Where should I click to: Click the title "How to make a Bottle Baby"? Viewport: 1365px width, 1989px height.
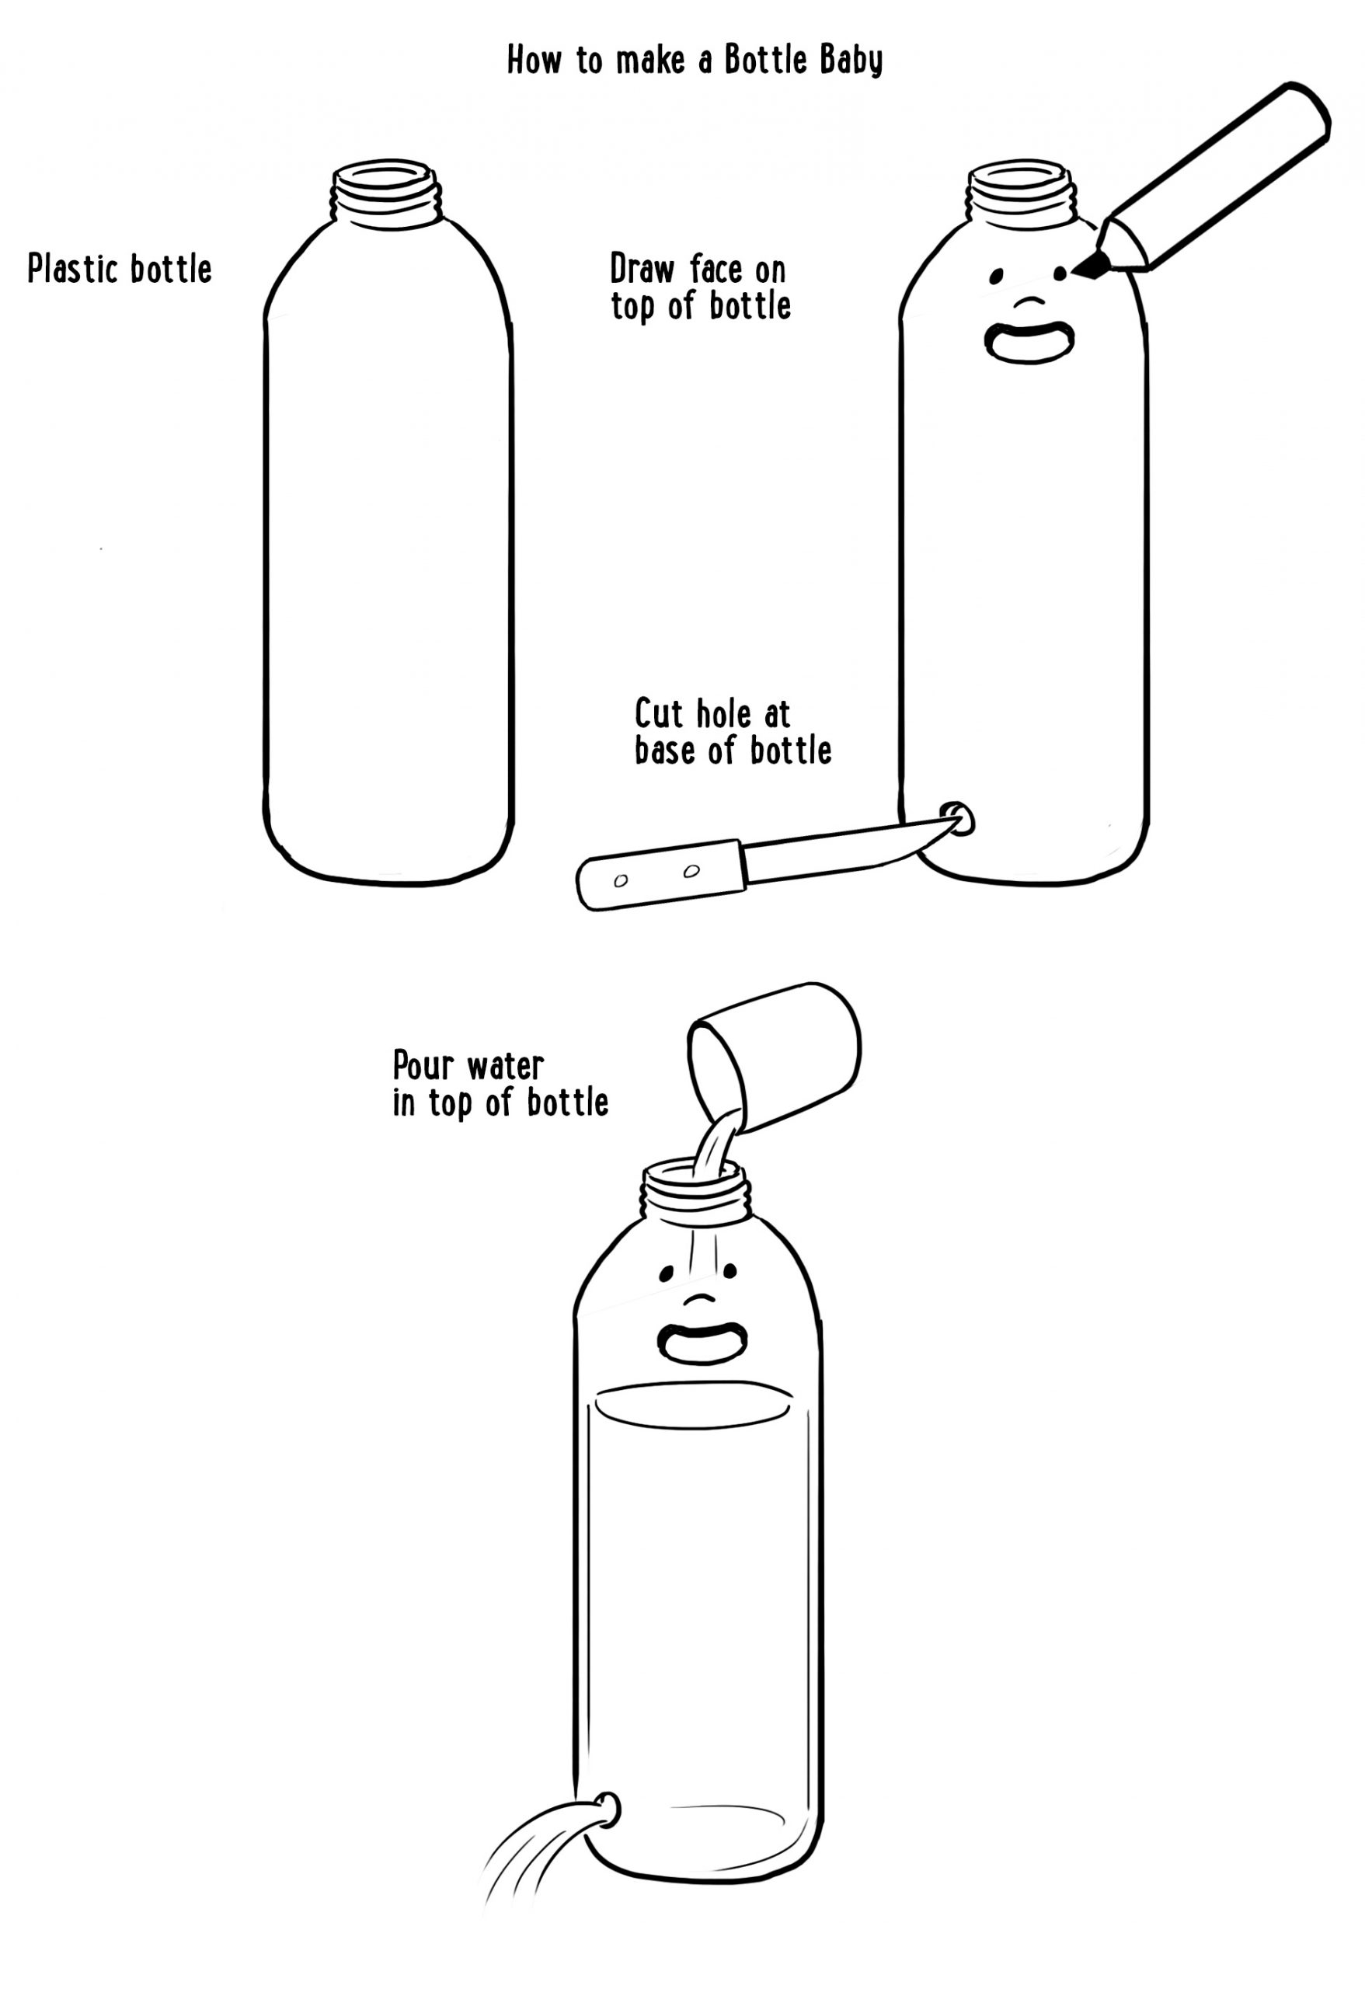click(x=694, y=61)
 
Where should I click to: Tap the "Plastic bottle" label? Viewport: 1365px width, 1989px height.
click(x=120, y=269)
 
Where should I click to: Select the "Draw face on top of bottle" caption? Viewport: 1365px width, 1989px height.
click(x=700, y=287)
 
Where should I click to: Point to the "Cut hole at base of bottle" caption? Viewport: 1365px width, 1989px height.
click(x=733, y=731)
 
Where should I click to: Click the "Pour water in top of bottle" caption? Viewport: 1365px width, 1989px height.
click(x=500, y=1084)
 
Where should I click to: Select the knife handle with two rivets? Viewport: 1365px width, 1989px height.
click(x=660, y=873)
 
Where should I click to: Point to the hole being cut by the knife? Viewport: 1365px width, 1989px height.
click(x=959, y=819)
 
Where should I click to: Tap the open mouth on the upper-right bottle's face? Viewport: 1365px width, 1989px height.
click(x=1029, y=343)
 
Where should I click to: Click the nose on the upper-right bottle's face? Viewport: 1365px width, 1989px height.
click(x=1029, y=302)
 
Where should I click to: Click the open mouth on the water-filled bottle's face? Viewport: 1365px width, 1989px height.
click(x=702, y=1342)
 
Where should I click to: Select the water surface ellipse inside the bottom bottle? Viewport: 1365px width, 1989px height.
click(x=692, y=1406)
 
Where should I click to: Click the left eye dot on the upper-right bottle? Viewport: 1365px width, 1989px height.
click(x=996, y=276)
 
